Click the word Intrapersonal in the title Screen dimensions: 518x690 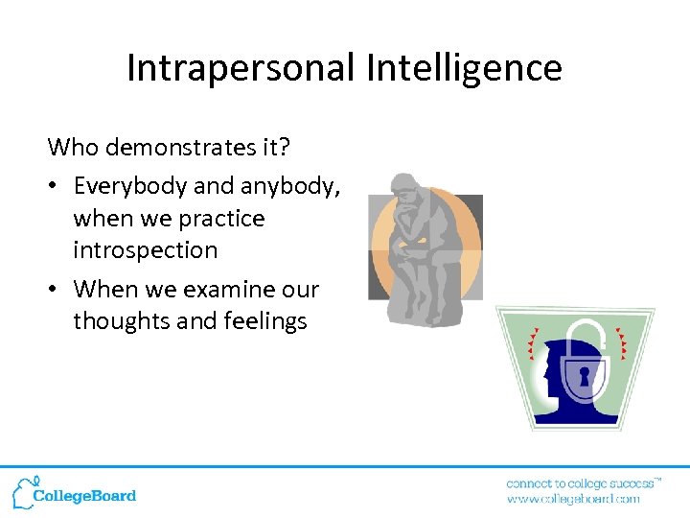239,68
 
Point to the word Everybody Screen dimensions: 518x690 129,185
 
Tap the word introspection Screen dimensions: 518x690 145,250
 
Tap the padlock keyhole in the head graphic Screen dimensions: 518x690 584,374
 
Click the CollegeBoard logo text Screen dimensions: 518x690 84,496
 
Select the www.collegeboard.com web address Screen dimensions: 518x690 573,499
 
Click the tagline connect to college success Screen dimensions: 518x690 581,483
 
